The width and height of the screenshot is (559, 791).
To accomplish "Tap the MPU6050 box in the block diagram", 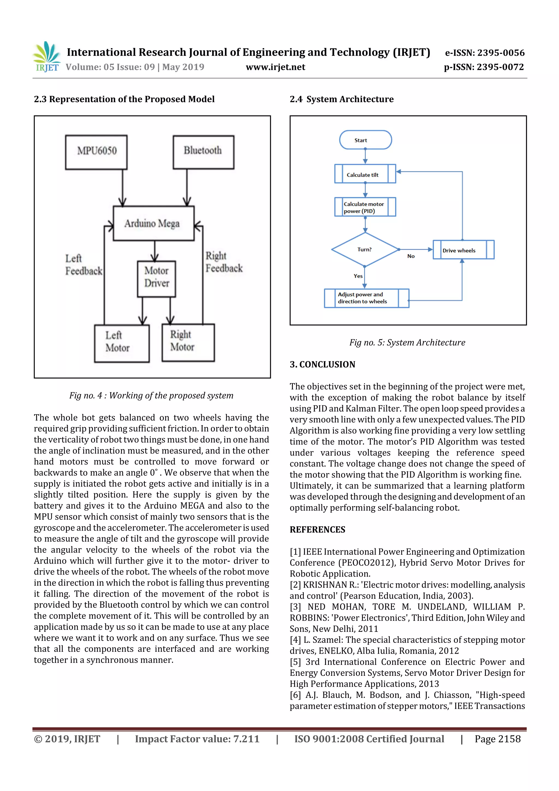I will (x=96, y=152).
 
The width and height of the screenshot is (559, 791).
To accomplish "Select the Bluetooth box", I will (x=203, y=152).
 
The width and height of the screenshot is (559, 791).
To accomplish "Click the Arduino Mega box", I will (x=154, y=223).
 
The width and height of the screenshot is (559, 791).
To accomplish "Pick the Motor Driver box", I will (x=157, y=279).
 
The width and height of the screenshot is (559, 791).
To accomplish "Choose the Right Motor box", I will (x=188, y=342).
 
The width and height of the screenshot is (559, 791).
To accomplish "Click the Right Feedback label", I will (x=224, y=262).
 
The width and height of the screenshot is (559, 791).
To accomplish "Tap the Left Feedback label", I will (x=83, y=265).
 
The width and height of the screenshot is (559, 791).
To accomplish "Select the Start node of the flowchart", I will (x=365, y=140).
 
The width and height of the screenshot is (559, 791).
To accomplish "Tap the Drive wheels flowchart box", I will (x=463, y=250).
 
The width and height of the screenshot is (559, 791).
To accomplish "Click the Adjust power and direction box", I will (x=367, y=298).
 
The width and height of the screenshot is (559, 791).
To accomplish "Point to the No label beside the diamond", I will (x=411, y=256).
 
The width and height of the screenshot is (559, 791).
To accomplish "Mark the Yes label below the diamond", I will (x=358, y=276).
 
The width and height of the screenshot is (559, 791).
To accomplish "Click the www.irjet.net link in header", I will (x=275, y=67).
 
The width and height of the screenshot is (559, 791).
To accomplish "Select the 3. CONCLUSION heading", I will (x=322, y=364).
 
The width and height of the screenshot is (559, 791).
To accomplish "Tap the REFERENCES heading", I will (x=317, y=529).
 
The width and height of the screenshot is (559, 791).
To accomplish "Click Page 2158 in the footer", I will (x=497, y=739).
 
